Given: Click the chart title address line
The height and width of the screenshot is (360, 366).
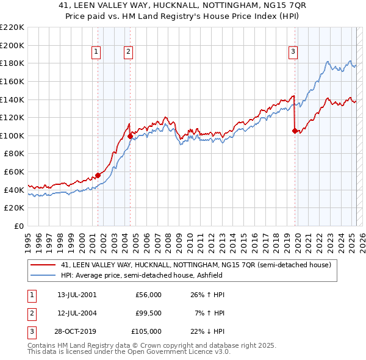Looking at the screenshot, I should coord(183,5).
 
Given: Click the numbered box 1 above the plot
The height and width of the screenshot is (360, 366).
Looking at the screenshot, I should coord(97,52).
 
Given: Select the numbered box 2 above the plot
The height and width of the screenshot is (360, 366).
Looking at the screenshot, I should coord(129,52).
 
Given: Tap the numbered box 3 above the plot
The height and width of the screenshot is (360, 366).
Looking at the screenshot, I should coord(293,52).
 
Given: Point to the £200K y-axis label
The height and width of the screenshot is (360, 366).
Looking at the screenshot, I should coord(12,45).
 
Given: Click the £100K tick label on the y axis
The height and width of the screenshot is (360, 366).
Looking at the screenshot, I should coord(12,135).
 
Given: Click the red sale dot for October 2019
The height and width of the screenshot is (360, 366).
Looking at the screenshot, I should coord(295,131).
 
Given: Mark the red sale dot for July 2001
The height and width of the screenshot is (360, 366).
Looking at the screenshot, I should coord(98,175).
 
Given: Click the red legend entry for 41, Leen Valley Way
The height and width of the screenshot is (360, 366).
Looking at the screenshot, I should coord(195,265).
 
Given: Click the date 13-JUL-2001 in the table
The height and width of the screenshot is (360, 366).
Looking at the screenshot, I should coord(77,295).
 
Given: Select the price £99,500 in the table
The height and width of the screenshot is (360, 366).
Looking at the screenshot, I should coord(148,313).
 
